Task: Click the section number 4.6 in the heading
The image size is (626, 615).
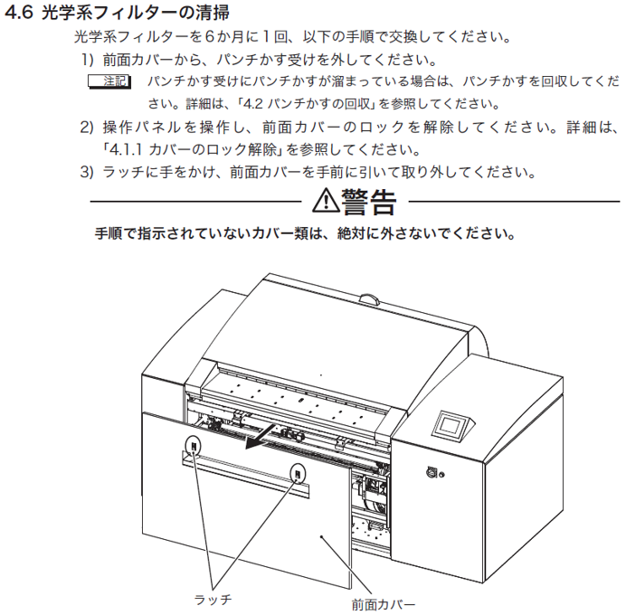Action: click(19, 13)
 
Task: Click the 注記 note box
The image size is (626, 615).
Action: click(109, 81)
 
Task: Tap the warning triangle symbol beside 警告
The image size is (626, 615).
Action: click(326, 201)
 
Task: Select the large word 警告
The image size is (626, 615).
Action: click(368, 202)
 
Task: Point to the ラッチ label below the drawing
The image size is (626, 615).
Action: click(213, 600)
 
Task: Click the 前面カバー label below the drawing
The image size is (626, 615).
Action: click(383, 605)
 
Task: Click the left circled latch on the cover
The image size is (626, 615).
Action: click(194, 446)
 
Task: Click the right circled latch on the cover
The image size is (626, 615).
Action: click(298, 474)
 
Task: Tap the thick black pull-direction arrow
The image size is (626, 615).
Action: click(260, 436)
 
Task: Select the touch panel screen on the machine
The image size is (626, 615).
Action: click(451, 424)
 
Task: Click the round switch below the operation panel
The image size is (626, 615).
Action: click(432, 472)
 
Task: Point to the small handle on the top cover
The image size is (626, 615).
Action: click(371, 299)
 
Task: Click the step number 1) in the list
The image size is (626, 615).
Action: click(88, 60)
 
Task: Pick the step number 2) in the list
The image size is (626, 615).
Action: click(87, 128)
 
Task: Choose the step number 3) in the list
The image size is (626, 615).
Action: click(87, 172)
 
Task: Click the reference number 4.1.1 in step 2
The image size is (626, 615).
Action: click(126, 149)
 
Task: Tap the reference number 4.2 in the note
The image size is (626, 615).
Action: click(252, 104)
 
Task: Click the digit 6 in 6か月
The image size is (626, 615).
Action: click(210, 37)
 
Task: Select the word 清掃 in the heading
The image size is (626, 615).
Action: click(213, 13)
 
